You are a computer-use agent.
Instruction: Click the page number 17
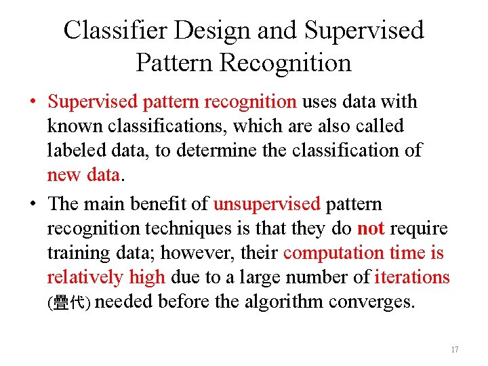[x=454, y=350]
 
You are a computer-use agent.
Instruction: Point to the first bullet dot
[x=33, y=103]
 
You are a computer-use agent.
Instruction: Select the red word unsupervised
[x=266, y=204]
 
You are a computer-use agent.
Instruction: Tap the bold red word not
[x=370, y=228]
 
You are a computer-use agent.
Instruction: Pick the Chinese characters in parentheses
[x=68, y=303]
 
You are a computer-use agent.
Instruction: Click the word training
[x=73, y=253]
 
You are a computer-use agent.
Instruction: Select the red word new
[x=64, y=175]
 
